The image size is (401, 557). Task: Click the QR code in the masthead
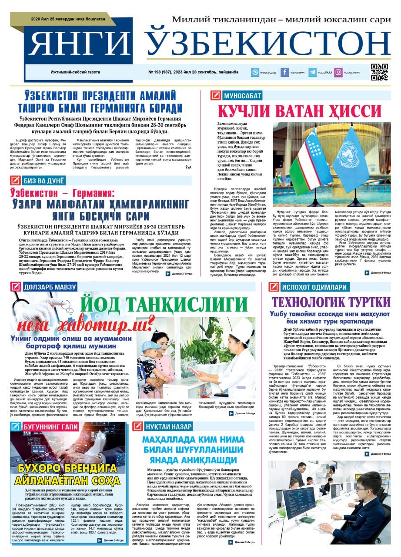379,72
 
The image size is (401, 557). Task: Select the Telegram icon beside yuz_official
312,73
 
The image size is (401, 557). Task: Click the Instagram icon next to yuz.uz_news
338,73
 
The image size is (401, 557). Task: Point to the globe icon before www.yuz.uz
254,73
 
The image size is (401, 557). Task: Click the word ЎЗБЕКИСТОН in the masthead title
267,44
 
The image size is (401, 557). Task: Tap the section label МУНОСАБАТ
243,96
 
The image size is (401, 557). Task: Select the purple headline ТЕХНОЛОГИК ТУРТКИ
331,302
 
